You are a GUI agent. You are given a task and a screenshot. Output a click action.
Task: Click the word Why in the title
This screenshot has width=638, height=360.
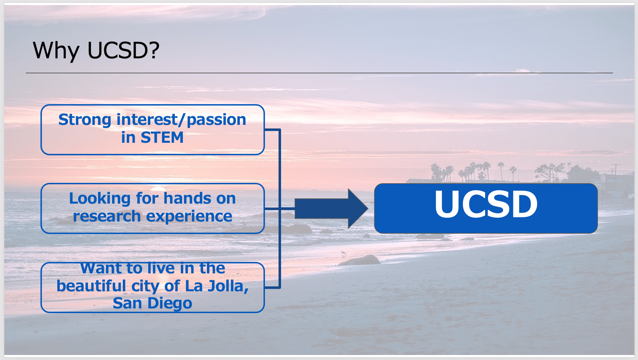click(x=56, y=50)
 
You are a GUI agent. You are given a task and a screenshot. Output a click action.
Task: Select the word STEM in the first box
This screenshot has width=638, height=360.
click(x=162, y=137)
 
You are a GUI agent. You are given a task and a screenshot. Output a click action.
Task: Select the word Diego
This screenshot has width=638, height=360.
click(x=170, y=303)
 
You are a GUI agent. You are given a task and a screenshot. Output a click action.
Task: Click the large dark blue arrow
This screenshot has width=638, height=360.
click(x=331, y=209)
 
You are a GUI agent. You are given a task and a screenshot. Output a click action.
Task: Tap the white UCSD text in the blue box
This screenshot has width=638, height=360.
click(x=486, y=204)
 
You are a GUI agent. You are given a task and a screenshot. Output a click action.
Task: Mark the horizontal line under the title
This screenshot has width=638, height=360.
click(x=319, y=73)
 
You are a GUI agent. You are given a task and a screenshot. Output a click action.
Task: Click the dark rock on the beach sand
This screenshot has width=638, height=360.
click(x=360, y=260)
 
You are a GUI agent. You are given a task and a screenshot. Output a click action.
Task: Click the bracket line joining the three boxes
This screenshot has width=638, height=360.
click(x=280, y=209)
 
